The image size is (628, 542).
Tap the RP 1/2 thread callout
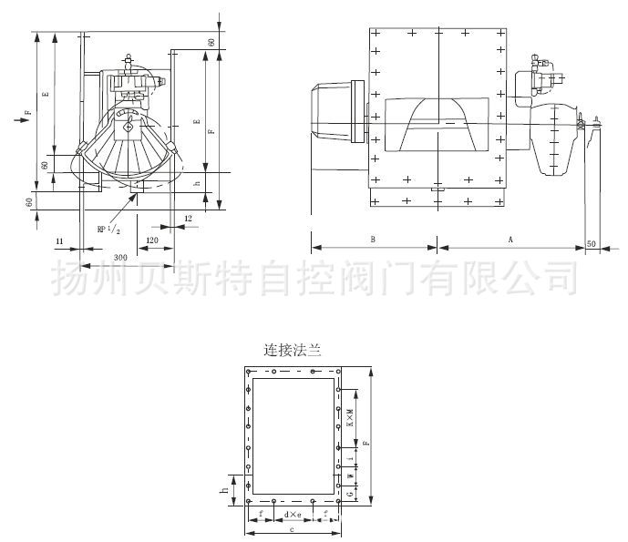pos(108,230)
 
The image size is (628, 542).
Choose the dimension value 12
pos(188,219)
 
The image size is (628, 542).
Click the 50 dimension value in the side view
pos(592,243)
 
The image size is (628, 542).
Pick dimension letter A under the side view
pos(510,239)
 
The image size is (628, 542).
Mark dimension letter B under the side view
pos(373,239)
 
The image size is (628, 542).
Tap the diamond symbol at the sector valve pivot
pos(129,128)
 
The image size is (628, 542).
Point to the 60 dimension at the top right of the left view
pos(211,41)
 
